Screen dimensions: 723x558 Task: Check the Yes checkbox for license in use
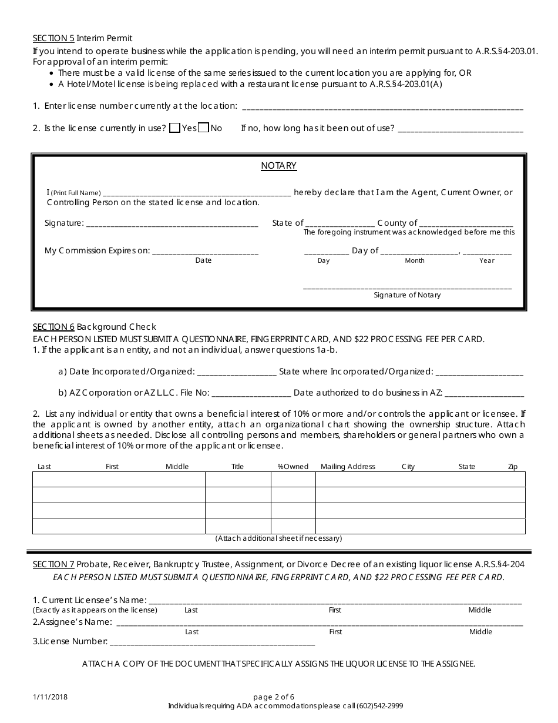[x=174, y=128]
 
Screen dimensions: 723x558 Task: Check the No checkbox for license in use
[x=203, y=128]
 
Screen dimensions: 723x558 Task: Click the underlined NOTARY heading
[x=278, y=166]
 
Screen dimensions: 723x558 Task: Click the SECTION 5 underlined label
[x=53, y=38]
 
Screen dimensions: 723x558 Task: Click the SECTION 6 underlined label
[x=53, y=326]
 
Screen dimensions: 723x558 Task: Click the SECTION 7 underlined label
[x=53, y=564]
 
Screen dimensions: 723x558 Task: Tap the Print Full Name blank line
[x=196, y=193]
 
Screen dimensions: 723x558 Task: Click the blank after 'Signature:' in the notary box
[x=172, y=223]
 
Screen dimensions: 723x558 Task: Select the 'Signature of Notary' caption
[x=407, y=295]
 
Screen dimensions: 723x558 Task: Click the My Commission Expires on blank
[x=205, y=251]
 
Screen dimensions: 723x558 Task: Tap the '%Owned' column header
[x=293, y=467]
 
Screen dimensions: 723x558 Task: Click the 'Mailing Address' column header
[x=348, y=467]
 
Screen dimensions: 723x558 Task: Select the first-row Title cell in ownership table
[x=237, y=479]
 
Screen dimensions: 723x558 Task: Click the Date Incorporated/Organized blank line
[x=237, y=371]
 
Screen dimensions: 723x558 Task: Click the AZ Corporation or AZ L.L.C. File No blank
[x=251, y=393]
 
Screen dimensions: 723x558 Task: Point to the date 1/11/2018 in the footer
[x=50, y=697]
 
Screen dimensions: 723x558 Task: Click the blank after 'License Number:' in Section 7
[x=212, y=642]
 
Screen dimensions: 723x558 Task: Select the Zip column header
[x=513, y=467]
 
